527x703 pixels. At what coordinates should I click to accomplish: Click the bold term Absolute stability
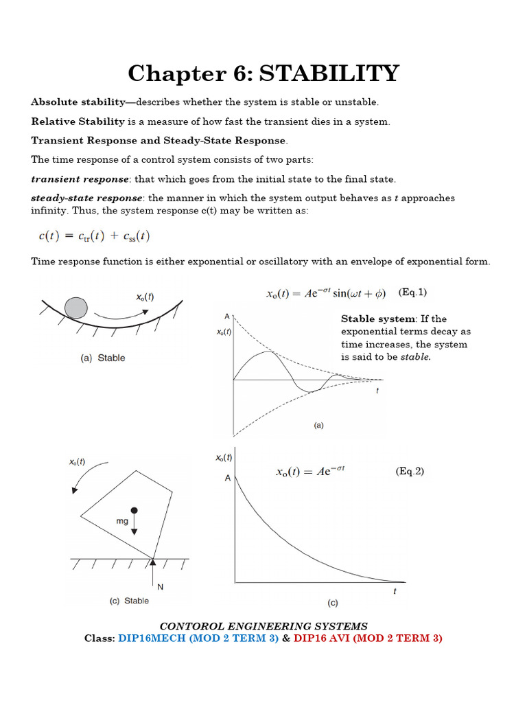(78, 102)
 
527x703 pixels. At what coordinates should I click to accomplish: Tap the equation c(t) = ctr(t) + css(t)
(93, 236)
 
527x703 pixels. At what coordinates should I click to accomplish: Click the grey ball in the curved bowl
(75, 308)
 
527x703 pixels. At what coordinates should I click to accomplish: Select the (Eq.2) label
(410, 472)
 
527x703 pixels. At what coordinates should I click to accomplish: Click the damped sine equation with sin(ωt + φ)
(326, 293)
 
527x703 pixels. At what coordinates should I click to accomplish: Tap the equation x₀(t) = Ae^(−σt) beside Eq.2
(310, 472)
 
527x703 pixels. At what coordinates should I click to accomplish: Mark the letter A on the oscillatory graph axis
(227, 316)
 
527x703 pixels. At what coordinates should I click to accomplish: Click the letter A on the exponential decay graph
(227, 479)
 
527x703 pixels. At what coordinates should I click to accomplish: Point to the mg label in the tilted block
(121, 522)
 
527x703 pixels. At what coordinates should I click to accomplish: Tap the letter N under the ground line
(160, 587)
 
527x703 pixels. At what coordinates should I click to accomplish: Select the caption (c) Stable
(129, 601)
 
